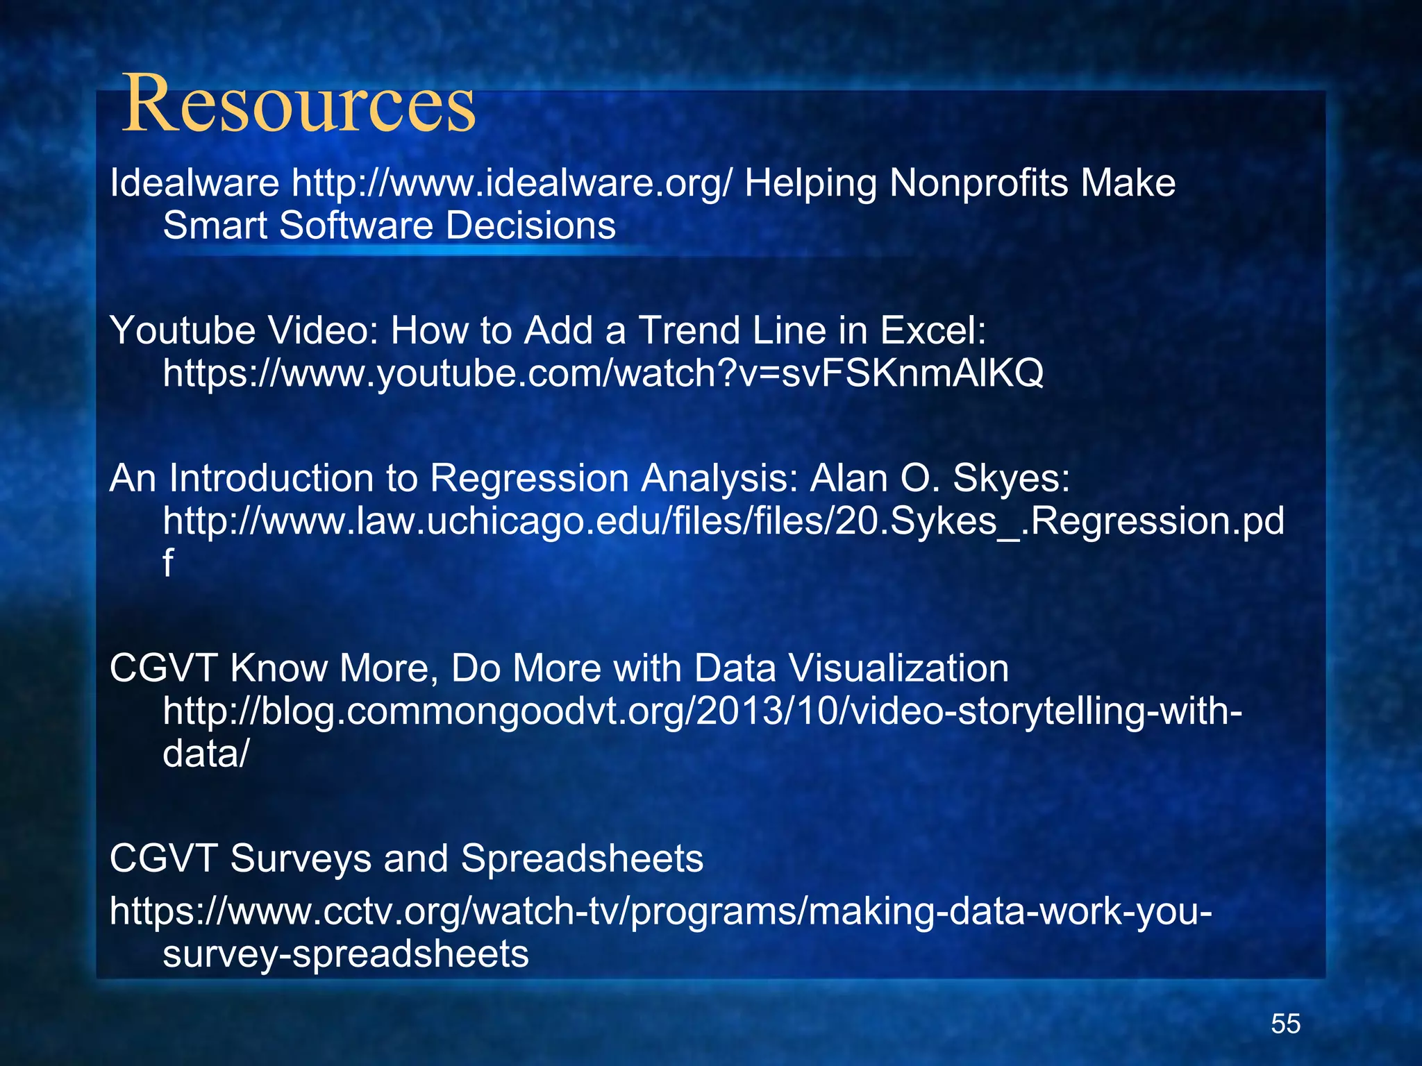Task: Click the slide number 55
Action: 1285,1024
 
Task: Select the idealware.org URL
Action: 511,184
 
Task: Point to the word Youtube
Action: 183,330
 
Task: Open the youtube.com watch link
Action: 603,374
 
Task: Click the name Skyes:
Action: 1011,478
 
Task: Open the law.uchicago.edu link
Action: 723,521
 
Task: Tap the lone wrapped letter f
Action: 167,563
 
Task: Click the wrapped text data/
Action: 205,754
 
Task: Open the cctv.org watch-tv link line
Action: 660,911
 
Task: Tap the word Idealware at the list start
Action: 194,184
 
